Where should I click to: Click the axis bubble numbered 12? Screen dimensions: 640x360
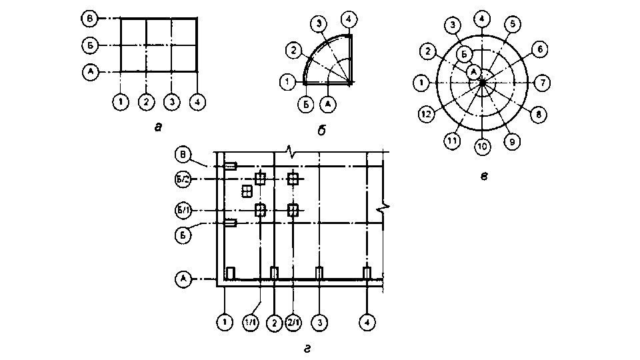[426, 114]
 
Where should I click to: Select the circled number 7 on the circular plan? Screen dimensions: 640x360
[543, 83]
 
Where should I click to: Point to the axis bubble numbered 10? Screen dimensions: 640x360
[481, 147]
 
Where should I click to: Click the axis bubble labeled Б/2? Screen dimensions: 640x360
[183, 179]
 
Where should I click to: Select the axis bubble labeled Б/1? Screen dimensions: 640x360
[183, 211]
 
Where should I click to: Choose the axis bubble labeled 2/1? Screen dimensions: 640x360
[294, 323]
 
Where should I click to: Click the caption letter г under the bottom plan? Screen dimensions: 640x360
[307, 348]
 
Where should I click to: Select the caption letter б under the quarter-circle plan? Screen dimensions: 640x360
[320, 131]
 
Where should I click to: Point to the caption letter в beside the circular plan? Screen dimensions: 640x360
[485, 176]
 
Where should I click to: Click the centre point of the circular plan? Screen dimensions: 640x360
[481, 82]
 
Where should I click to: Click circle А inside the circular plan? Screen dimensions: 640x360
[473, 71]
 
